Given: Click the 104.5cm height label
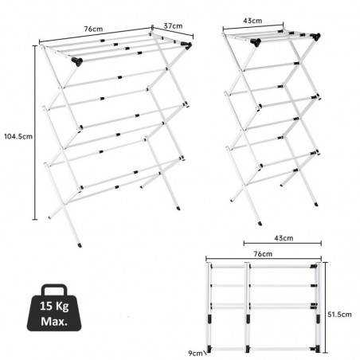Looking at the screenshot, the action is click(x=18, y=136).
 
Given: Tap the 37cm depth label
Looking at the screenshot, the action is click(x=173, y=25).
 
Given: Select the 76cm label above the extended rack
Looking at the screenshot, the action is click(x=93, y=29).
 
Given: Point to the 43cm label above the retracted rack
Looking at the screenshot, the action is click(x=252, y=21).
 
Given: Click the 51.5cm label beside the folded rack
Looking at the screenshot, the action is click(x=339, y=315).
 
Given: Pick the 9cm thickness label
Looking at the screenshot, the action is click(x=195, y=354).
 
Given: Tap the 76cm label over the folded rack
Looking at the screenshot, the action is click(x=263, y=254).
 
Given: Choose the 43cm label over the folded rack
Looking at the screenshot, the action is click(x=284, y=238).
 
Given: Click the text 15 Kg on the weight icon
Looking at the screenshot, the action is click(x=54, y=306).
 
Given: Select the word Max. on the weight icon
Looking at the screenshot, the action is click(x=54, y=322).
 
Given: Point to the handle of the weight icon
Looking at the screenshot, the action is click(x=54, y=288).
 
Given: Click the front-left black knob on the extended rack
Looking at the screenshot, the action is click(x=77, y=61).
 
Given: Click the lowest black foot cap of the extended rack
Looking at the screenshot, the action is click(x=80, y=245).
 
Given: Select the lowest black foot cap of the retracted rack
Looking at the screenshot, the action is click(x=260, y=224).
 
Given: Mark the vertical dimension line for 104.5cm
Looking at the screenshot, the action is click(x=35, y=132).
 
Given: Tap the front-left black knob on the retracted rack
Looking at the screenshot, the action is click(x=256, y=42).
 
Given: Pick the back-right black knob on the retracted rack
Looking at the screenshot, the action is click(x=315, y=37).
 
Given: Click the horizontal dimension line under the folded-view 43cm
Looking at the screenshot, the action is click(x=283, y=243).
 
